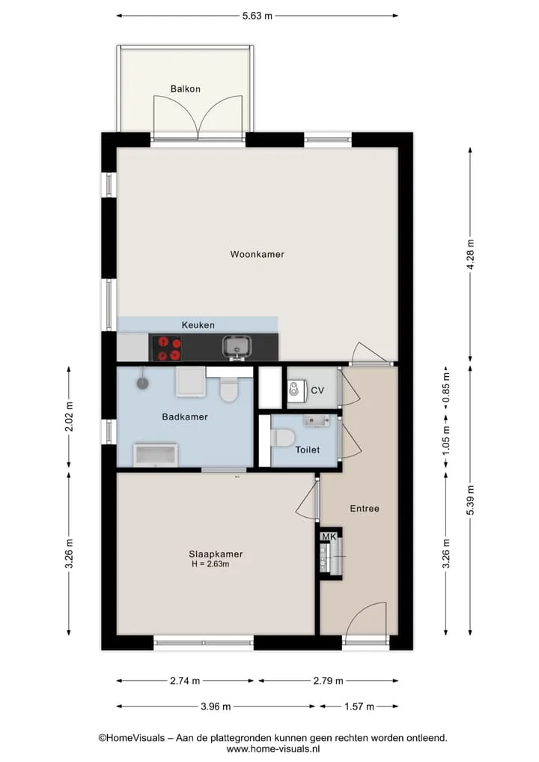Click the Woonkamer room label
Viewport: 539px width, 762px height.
pyautogui.click(x=257, y=254)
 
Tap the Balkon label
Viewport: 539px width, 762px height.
pyautogui.click(x=185, y=89)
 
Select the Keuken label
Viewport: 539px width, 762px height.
pyautogui.click(x=198, y=325)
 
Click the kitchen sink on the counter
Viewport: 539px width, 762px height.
pyautogui.click(x=237, y=347)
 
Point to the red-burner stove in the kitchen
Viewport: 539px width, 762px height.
pyautogui.click(x=166, y=348)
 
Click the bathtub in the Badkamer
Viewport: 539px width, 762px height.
pyautogui.click(x=156, y=455)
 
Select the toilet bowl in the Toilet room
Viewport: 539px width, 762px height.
pyautogui.click(x=283, y=438)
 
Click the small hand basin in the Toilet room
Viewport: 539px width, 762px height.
pyautogui.click(x=317, y=420)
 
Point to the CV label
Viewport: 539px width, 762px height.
pyautogui.click(x=317, y=390)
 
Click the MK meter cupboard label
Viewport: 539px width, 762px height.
pyautogui.click(x=329, y=536)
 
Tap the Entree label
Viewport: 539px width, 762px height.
pyautogui.click(x=365, y=508)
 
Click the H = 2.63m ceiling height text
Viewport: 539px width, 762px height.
pyautogui.click(x=210, y=563)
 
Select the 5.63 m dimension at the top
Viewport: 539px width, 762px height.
pyautogui.click(x=258, y=16)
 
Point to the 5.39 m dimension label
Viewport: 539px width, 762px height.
pyautogui.click(x=470, y=500)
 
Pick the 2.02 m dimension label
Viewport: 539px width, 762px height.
pyautogui.click(x=69, y=417)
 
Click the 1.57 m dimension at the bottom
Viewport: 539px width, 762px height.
pyautogui.click(x=359, y=706)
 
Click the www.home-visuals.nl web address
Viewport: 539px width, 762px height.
pyautogui.click(x=273, y=749)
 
